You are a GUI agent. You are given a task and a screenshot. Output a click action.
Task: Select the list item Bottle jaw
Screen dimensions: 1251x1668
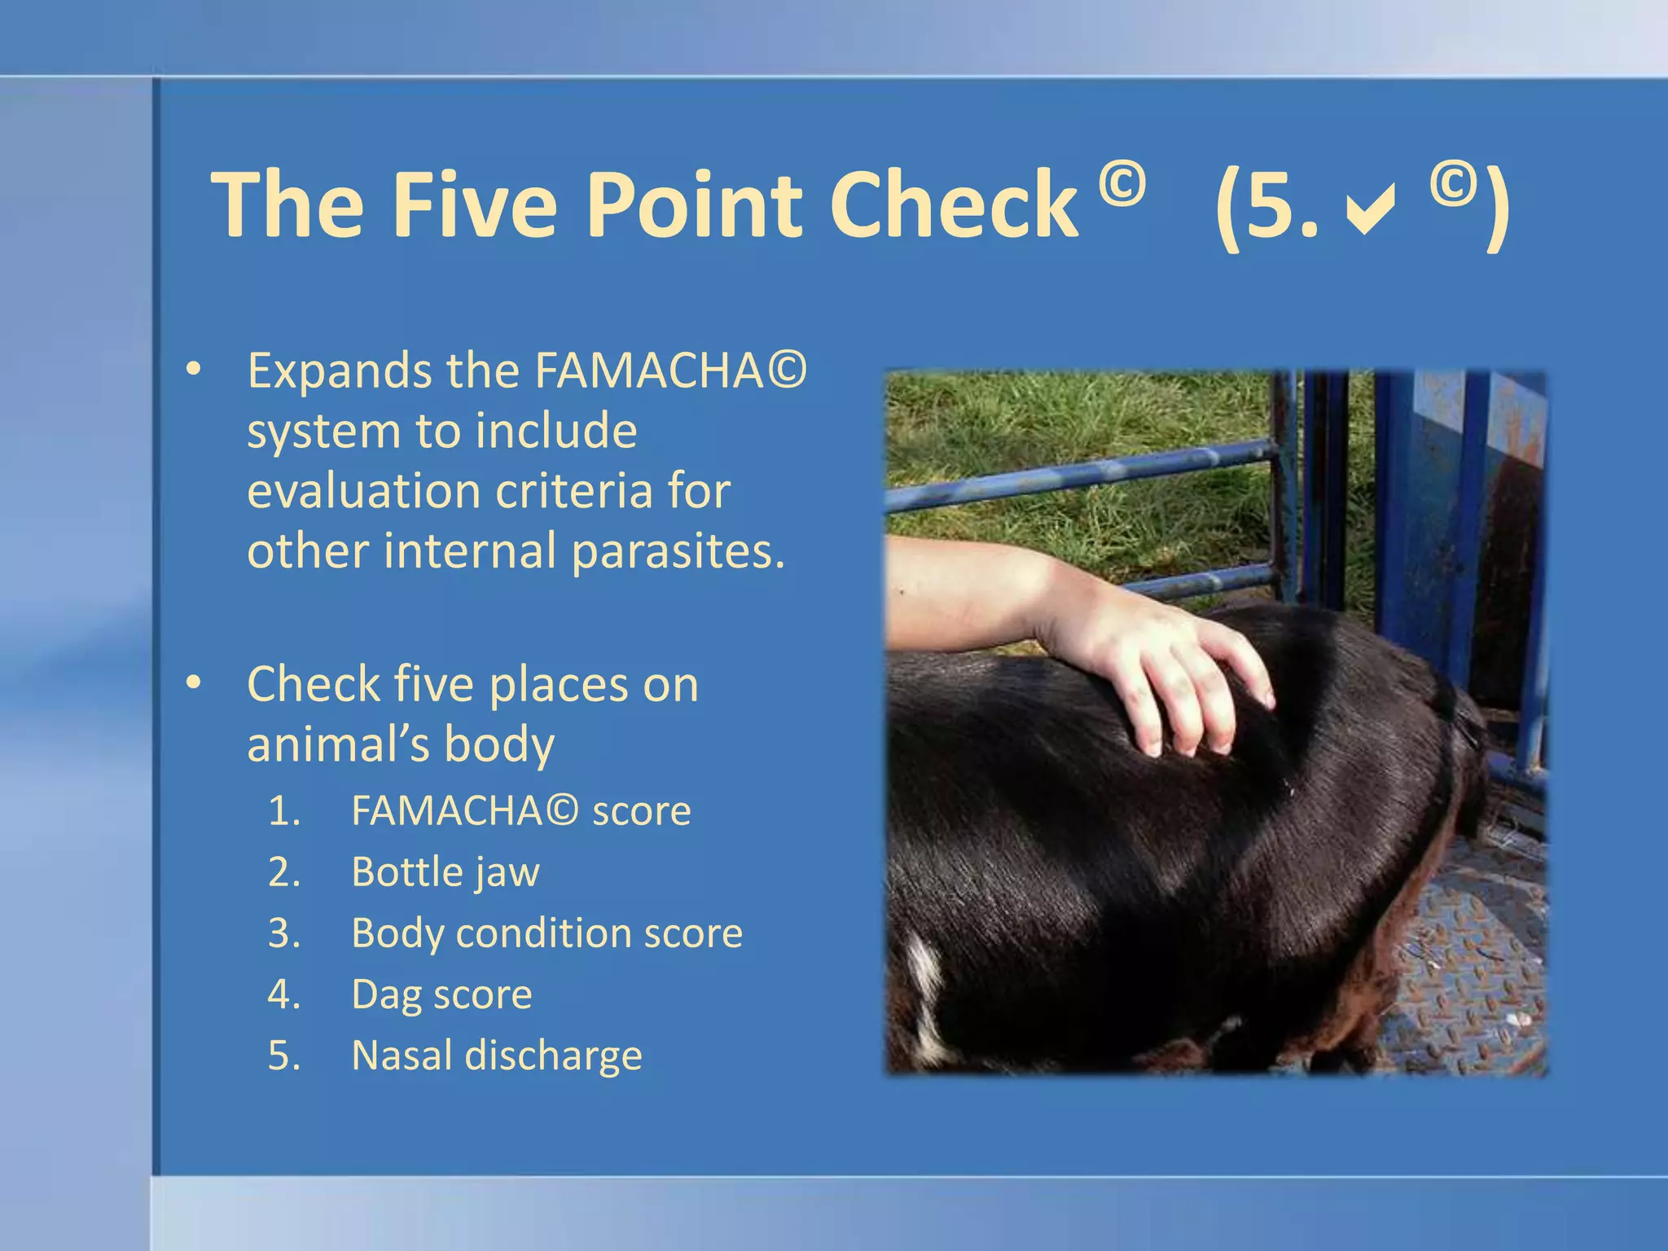445,872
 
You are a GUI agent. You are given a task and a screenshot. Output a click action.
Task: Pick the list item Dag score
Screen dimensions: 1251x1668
441,994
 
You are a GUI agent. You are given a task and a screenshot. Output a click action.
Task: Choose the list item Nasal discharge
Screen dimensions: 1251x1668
497,1056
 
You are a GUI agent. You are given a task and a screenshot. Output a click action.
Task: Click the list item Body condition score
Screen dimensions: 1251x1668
546,933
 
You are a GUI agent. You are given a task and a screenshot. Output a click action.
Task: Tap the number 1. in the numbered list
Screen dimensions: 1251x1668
285,811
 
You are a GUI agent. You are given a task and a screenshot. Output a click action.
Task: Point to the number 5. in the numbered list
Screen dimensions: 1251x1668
285,1056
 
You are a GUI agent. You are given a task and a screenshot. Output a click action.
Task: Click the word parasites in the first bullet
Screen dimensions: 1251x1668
678,551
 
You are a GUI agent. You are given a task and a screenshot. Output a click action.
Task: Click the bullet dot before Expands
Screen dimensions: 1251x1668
193,370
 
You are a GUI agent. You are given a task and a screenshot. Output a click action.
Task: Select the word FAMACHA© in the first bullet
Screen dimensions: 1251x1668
669,371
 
